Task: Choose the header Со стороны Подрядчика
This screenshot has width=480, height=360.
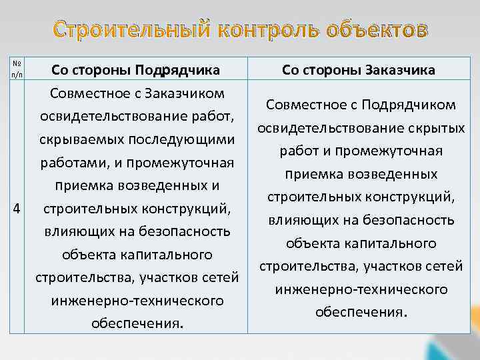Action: (x=135, y=69)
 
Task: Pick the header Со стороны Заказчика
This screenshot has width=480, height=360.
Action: (x=359, y=69)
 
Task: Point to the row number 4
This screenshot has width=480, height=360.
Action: (x=16, y=208)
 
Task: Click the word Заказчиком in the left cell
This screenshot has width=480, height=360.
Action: (x=183, y=93)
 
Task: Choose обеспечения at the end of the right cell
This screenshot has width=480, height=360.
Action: (x=359, y=312)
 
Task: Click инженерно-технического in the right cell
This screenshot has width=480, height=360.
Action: (x=360, y=289)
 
